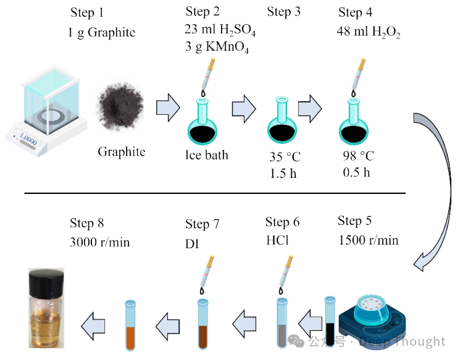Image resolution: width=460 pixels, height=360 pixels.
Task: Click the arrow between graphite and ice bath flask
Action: coord(165,109)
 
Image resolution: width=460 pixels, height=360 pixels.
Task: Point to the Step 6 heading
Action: coord(283,222)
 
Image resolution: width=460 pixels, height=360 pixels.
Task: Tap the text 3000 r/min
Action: coord(100,242)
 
